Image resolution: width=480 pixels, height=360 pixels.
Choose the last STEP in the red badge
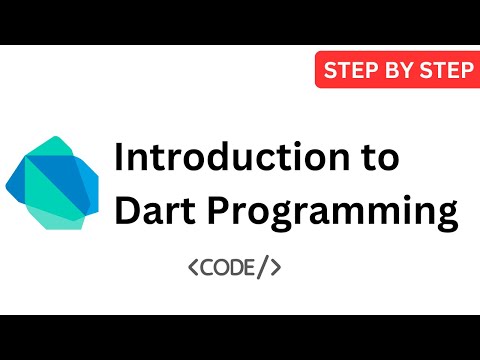click(x=440, y=70)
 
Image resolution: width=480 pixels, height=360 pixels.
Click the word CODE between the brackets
click(x=233, y=267)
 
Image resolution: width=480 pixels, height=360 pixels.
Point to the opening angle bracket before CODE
click(x=193, y=267)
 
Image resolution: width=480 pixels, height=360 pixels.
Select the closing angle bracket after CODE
click(x=276, y=267)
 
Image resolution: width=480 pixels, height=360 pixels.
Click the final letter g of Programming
click(x=446, y=217)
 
